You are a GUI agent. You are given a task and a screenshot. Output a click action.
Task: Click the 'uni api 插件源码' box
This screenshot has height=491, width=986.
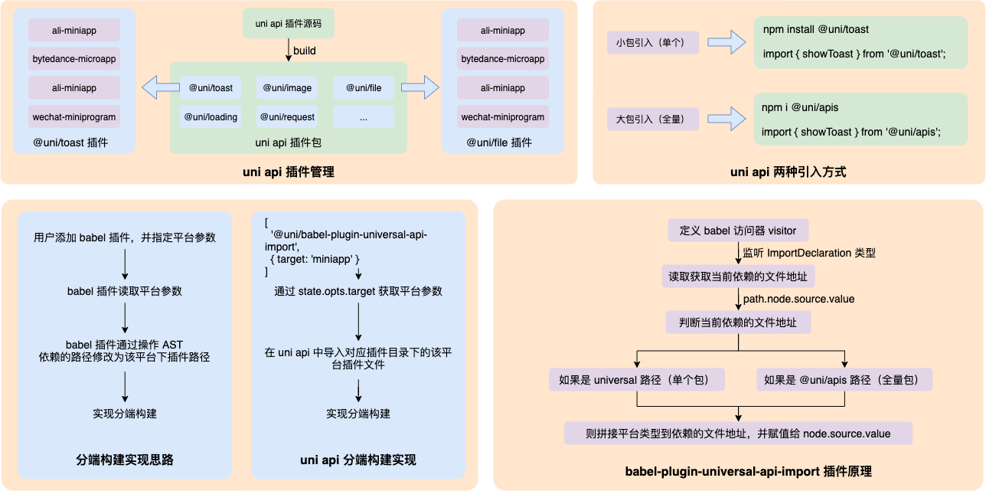pos(288,25)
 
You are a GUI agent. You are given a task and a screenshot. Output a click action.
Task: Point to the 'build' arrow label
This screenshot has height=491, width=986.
pos(305,51)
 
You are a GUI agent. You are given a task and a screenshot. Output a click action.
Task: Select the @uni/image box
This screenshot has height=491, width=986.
pos(287,88)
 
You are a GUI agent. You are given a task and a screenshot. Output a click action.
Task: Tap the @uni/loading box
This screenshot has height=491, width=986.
pos(210,117)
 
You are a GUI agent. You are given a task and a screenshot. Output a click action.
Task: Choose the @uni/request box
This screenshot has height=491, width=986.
pos(287,117)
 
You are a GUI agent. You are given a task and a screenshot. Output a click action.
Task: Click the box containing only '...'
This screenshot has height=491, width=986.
pos(363,117)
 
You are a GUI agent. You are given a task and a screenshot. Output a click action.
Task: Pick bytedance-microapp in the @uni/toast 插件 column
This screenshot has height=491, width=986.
pos(74,59)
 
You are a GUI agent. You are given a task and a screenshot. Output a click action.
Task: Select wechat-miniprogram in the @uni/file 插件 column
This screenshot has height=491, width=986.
pos(503,117)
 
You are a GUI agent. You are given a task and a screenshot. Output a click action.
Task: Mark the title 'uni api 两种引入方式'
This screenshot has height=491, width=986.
pos(788,172)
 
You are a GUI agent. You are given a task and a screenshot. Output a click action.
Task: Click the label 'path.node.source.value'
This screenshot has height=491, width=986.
pos(798,299)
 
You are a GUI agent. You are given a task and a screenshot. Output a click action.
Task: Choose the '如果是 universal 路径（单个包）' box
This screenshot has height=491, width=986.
pos(637,379)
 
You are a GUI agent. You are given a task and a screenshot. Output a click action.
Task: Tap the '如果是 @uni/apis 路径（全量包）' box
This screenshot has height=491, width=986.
pos(844,379)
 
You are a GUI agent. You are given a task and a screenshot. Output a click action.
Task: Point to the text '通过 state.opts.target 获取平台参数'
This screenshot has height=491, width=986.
pos(358,291)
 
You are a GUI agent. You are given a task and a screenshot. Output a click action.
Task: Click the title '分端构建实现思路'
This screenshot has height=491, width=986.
pos(125,460)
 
